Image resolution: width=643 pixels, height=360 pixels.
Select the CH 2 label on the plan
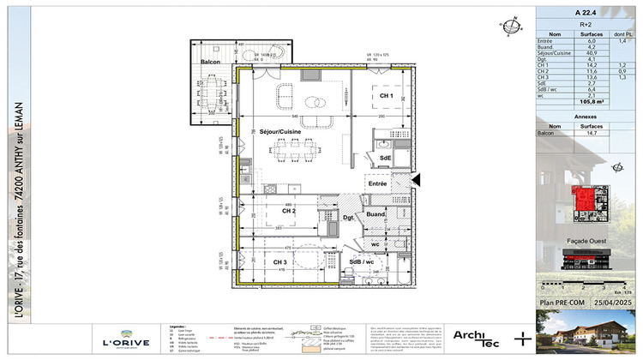click(288, 210)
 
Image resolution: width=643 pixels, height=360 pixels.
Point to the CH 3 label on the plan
click(279, 262)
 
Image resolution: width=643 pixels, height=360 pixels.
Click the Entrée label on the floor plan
click(378, 183)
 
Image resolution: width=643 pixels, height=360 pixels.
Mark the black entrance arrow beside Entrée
click(417, 179)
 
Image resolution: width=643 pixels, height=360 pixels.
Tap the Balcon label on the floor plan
click(211, 62)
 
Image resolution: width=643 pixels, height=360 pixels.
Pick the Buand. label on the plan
click(376, 214)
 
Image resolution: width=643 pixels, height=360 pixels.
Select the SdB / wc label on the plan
click(361, 261)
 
